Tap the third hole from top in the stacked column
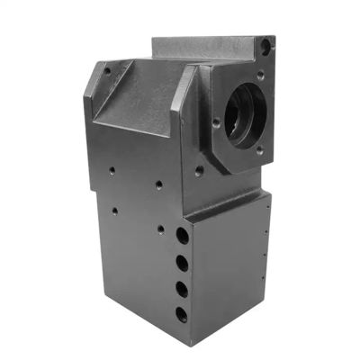point(184,288)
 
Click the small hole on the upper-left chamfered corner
point(107,68)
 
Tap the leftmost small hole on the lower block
point(113,212)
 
